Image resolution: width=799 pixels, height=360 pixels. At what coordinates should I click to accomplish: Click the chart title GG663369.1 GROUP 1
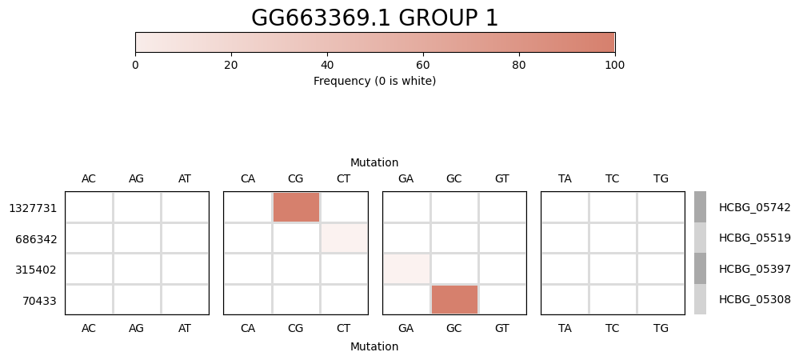tap(374, 18)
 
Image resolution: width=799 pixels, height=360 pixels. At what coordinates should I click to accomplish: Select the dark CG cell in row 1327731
tap(296, 207)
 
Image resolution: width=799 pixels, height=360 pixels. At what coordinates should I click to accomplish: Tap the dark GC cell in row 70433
tap(454, 299)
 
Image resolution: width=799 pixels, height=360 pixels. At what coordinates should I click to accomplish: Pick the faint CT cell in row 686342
tap(344, 238)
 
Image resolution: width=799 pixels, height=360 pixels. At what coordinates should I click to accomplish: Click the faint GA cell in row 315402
tap(406, 269)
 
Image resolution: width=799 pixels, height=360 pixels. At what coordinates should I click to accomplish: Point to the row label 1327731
tap(33, 208)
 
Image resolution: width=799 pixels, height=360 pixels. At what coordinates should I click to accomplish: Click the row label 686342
tap(36, 238)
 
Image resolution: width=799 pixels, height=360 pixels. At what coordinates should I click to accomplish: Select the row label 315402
tap(36, 270)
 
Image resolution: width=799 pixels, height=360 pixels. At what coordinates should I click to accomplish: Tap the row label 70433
tap(38, 300)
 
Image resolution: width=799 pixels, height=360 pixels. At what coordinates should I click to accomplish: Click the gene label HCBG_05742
tap(754, 207)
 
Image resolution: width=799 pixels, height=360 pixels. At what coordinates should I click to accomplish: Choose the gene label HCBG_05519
tap(754, 238)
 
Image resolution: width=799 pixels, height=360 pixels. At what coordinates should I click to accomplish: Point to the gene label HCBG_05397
tap(754, 269)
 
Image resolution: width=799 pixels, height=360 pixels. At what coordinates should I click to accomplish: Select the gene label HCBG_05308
tap(754, 299)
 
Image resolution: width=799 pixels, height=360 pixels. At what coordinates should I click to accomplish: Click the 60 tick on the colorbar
tap(422, 65)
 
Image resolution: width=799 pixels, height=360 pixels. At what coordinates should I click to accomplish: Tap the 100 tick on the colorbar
tap(614, 65)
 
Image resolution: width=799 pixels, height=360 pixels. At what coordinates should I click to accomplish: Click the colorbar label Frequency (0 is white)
tap(374, 81)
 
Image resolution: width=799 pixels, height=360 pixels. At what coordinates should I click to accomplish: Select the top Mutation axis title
tap(374, 162)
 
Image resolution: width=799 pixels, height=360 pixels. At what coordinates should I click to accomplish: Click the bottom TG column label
tap(661, 328)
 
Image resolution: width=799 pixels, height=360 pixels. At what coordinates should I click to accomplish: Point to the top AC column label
tap(89, 178)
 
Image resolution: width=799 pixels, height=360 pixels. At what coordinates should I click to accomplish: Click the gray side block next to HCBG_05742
tap(700, 207)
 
